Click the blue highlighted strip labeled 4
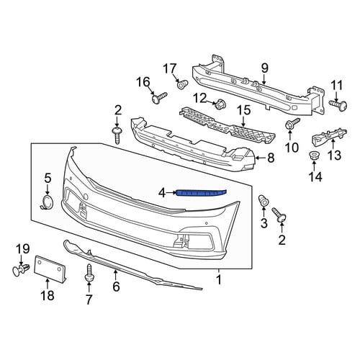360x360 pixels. (201, 193)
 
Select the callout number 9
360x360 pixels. (264, 68)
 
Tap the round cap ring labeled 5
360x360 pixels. (48, 202)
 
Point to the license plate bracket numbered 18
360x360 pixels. (50, 269)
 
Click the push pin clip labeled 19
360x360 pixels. (20, 271)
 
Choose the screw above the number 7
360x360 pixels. (89, 273)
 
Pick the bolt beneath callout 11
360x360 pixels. (338, 105)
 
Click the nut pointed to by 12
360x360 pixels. (220, 104)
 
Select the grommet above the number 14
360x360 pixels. (314, 156)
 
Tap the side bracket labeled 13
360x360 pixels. (329, 137)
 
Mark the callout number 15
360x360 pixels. (244, 110)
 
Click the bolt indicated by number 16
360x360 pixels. (159, 98)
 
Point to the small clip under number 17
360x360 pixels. (182, 84)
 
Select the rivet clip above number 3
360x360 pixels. (264, 201)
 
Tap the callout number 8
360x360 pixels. (271, 158)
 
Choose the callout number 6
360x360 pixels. (116, 287)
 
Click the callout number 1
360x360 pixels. (219, 279)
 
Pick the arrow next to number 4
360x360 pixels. (171, 192)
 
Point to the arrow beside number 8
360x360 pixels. (261, 158)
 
